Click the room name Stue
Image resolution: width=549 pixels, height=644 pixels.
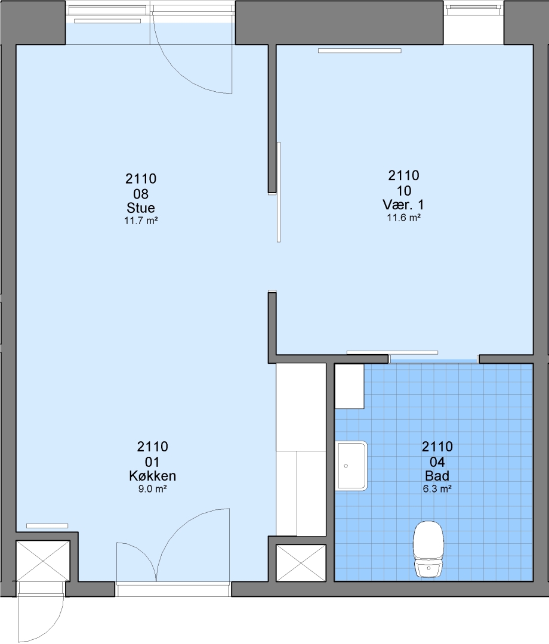point(141,208)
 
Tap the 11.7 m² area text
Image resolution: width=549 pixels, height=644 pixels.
point(141,221)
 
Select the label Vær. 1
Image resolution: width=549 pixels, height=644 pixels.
point(403,205)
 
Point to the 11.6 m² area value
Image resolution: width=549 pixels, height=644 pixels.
point(403,218)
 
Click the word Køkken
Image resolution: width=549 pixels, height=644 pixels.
point(152,476)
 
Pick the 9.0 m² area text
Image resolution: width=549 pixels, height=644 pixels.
point(152,489)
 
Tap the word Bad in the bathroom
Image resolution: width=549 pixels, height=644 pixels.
point(437,476)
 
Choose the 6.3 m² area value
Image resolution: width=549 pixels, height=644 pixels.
point(437,489)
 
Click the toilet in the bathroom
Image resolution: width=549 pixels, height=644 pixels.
point(428,549)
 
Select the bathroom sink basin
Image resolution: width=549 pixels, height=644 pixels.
point(351,466)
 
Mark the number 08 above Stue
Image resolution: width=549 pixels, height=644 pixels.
point(141,193)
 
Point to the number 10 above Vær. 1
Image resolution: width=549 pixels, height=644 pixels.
point(403,191)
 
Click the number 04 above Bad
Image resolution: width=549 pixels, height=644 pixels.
point(437,462)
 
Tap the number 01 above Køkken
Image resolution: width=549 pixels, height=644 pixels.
point(152,462)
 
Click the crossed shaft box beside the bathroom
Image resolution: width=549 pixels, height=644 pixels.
point(301,563)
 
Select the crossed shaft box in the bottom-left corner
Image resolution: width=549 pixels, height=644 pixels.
point(43,561)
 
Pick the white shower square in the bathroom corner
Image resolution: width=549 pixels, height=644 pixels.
point(349,386)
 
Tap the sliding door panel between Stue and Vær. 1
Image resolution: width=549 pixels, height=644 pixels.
point(279,192)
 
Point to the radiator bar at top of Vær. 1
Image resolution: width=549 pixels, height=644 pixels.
point(360,51)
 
